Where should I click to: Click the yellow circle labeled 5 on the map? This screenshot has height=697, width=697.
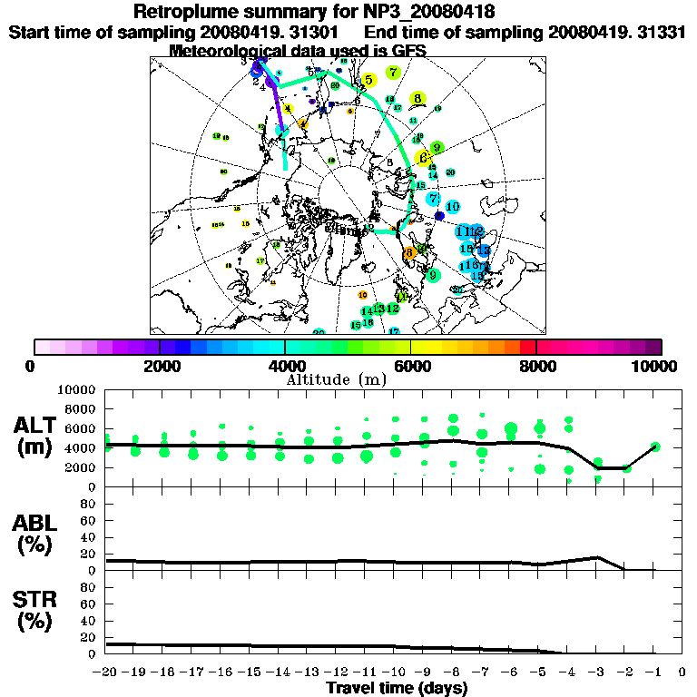[x=368, y=81]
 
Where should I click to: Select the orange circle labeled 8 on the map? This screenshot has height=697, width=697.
[x=410, y=253]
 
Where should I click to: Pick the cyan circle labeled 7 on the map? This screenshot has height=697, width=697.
[x=434, y=199]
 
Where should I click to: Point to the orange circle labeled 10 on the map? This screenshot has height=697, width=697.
[x=363, y=295]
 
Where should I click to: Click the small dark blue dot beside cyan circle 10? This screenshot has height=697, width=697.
[x=439, y=216]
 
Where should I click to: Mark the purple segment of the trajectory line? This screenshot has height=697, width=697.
[x=277, y=109]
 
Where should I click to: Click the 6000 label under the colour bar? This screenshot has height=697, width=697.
[x=410, y=366]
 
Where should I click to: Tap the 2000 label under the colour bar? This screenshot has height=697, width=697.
[x=160, y=366]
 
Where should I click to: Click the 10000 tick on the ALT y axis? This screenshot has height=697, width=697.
[x=79, y=389]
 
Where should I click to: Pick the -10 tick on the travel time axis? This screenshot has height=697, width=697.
[x=394, y=672]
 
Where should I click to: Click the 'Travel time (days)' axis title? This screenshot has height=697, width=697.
[x=397, y=688]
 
